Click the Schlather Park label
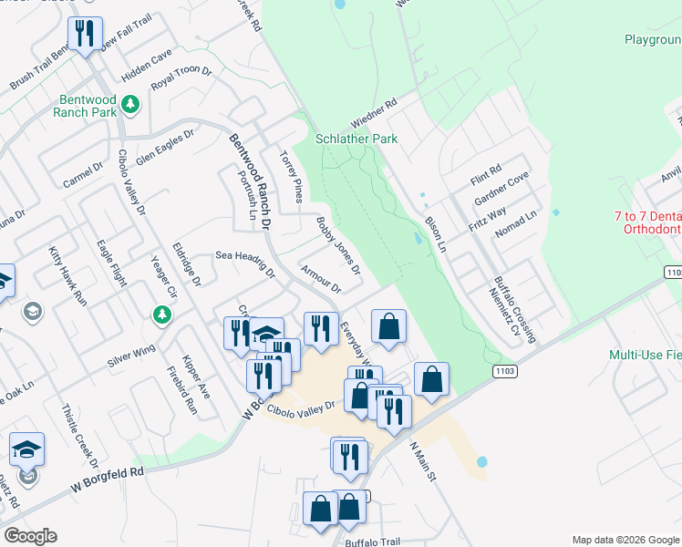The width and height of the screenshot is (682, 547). coord(356,139)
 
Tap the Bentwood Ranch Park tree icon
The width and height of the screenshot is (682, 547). coord(129,104)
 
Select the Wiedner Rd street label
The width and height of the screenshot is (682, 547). coord(375,115)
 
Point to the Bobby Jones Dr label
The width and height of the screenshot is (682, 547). coord(338,246)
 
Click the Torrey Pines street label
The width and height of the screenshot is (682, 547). coord(291,176)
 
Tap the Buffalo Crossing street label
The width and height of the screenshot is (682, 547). coord(516,311)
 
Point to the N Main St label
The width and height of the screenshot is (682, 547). coord(424,462)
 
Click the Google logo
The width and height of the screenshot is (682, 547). coord(30,536)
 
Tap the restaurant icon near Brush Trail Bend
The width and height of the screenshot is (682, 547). coord(85,36)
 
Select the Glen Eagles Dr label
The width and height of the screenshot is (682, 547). coord(166,147)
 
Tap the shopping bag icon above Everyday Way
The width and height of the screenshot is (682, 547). coord(388,325)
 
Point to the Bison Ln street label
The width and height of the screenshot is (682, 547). coord(435,234)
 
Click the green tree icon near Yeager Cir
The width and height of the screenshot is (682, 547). coord(162,315)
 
